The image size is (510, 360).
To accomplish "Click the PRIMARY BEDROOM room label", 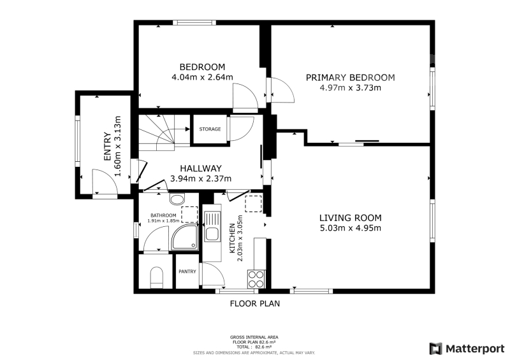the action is [350, 78].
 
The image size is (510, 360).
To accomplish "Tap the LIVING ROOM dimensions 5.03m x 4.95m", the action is [350, 228].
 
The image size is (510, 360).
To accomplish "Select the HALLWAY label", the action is [201, 168].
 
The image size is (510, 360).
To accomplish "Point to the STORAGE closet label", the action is [210, 129].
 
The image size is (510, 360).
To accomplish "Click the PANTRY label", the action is [187, 271].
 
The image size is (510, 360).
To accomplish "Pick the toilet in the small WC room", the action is [157, 277].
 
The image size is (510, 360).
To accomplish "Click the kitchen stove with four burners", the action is [256, 278].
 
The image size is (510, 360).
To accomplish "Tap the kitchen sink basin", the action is [212, 234].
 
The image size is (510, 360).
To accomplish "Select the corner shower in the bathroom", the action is [185, 237].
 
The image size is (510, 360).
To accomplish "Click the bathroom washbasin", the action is [177, 199].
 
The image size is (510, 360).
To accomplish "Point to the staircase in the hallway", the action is [164, 133].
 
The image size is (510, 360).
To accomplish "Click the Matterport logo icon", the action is [436, 349].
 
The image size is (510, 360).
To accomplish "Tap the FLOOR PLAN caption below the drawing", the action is [254, 304].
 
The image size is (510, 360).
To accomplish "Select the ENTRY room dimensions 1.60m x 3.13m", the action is [118, 147].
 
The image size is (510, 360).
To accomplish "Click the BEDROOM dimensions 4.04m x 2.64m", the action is [202, 77].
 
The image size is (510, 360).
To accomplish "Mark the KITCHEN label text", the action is [232, 238].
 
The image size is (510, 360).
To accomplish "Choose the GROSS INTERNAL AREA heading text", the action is [254, 338].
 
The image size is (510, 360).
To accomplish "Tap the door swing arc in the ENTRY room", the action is [110, 175].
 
